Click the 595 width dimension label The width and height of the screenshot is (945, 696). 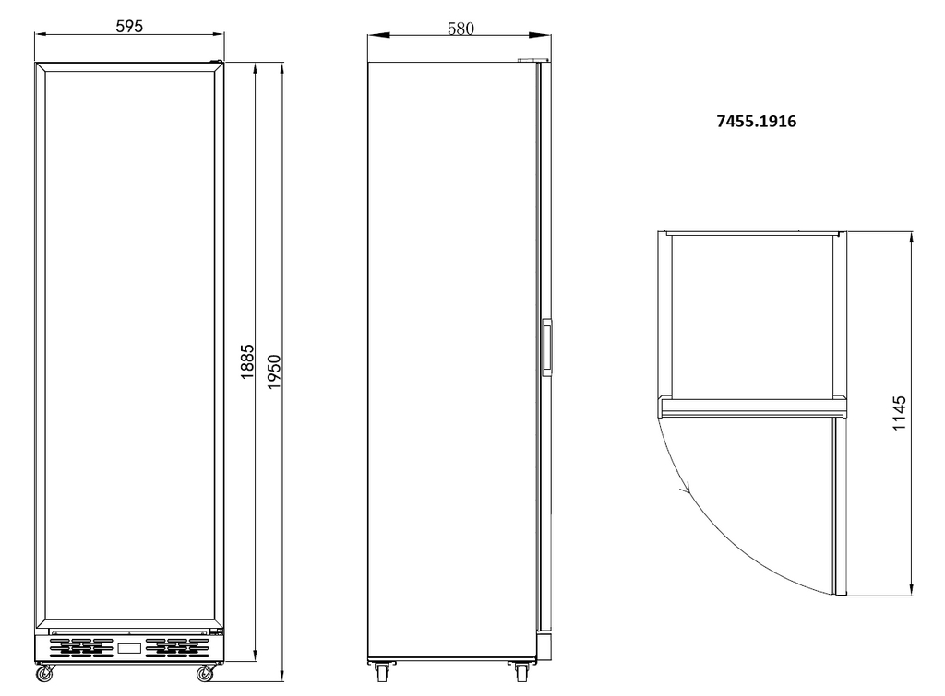[x=129, y=26]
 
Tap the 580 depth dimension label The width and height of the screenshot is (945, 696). [x=461, y=29]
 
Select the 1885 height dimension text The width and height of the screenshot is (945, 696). [x=247, y=361]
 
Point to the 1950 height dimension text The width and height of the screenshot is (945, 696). [x=274, y=372]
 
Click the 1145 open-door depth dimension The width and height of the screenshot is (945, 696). [x=899, y=413]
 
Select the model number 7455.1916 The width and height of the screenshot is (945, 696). [x=757, y=121]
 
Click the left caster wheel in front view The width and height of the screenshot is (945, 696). [x=44, y=673]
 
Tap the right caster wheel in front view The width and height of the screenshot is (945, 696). [x=206, y=673]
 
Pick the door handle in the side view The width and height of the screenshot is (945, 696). [x=547, y=348]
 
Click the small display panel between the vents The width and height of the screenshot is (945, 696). [x=129, y=648]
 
